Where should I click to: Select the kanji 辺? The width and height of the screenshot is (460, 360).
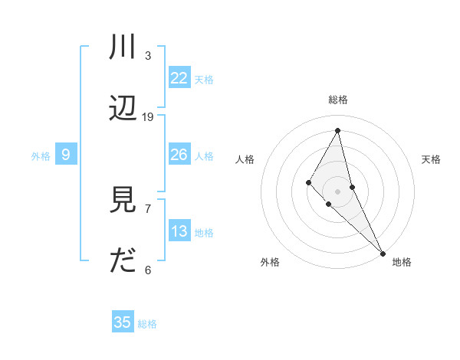123,109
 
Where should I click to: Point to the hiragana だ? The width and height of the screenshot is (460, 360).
123,261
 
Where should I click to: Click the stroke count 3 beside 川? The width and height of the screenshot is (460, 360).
148,55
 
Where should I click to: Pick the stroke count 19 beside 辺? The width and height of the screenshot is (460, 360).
148,116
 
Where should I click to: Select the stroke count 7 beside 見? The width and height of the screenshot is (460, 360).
148,208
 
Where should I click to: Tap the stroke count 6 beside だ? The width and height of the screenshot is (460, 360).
148,270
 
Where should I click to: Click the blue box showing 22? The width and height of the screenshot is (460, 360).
179,77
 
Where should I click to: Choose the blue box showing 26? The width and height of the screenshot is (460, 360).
179,155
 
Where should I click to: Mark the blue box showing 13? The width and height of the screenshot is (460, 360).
179,231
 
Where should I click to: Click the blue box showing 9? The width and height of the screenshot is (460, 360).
66,155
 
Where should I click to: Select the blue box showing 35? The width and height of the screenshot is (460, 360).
123,322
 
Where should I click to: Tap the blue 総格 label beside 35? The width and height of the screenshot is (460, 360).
147,324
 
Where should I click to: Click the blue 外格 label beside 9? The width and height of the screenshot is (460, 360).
41,156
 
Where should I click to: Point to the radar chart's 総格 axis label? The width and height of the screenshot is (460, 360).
338,100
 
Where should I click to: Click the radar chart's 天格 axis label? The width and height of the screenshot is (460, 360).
431,159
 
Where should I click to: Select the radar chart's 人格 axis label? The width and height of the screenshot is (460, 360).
245,159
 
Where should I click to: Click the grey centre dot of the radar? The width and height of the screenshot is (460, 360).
337,191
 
